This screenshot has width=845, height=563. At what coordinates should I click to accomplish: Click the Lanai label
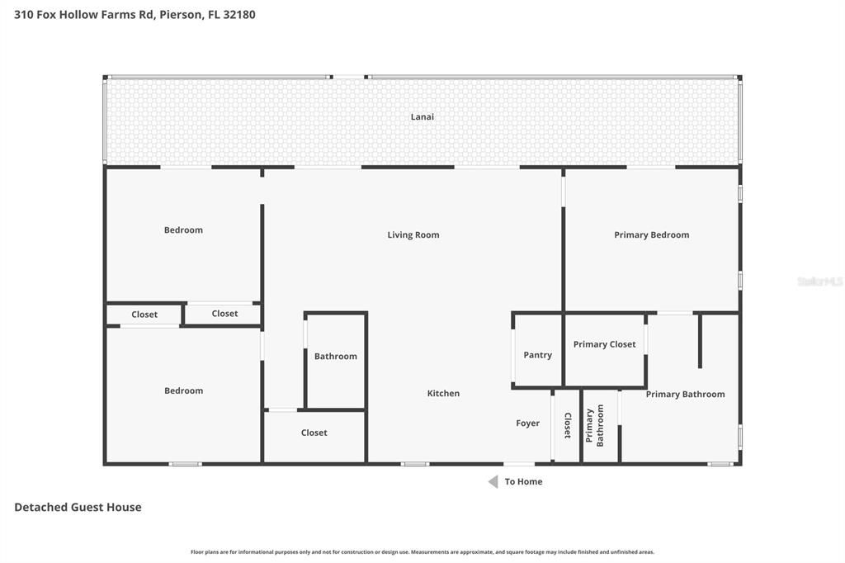[x=422, y=116]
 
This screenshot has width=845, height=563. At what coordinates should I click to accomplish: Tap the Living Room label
[x=413, y=234]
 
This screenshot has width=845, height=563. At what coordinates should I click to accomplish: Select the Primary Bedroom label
[x=652, y=234]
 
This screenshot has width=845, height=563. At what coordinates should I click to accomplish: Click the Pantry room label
[x=538, y=355]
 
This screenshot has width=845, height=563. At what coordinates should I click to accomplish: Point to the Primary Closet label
[x=604, y=344]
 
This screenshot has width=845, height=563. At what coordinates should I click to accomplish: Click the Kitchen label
[x=443, y=393]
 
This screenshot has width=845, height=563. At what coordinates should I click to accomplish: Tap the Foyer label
[x=527, y=423]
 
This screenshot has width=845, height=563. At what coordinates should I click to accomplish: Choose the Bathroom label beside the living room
[x=336, y=356]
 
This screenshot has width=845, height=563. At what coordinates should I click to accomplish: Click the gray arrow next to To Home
[x=493, y=481]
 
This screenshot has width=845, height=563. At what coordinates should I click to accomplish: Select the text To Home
[x=523, y=481]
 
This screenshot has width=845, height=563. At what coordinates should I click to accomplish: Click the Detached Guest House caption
[x=78, y=507]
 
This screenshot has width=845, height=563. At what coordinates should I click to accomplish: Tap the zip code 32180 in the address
[x=239, y=15]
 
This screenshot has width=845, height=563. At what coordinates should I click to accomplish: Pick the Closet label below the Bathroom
[x=314, y=433]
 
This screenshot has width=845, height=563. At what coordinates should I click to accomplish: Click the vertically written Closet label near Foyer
[x=568, y=425]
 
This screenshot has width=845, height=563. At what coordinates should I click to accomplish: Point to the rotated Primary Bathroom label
[x=594, y=425]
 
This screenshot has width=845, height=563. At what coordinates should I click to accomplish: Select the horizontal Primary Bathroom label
[x=686, y=395]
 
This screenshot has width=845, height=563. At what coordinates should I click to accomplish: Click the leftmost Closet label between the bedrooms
[x=144, y=315]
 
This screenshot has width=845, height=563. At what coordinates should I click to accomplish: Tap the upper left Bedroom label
[x=184, y=229]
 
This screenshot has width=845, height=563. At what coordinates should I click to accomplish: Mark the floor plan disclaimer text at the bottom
[x=422, y=551]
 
